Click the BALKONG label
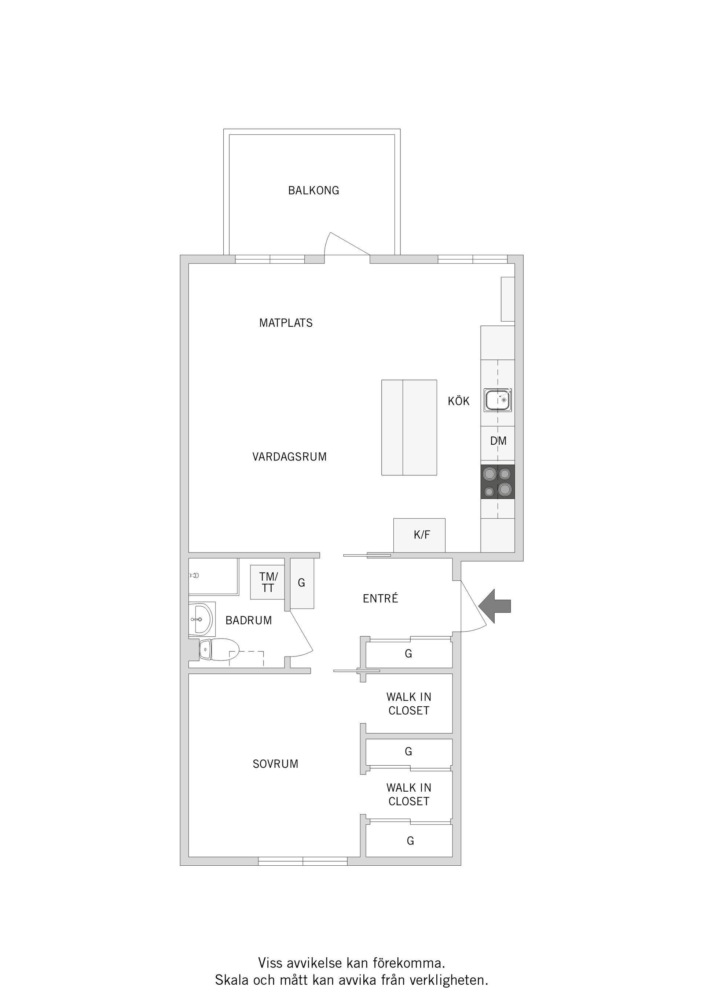click(x=313, y=190)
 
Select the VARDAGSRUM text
click(x=289, y=457)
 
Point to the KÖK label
click(x=458, y=401)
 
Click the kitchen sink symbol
click(x=498, y=400)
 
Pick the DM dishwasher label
click(x=498, y=441)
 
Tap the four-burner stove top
click(x=498, y=481)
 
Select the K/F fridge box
click(x=419, y=535)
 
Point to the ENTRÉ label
click(x=380, y=599)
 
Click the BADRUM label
click(x=249, y=621)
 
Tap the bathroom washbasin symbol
click(x=201, y=619)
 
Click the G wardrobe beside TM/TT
click(x=301, y=583)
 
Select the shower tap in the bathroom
click(x=194, y=576)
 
